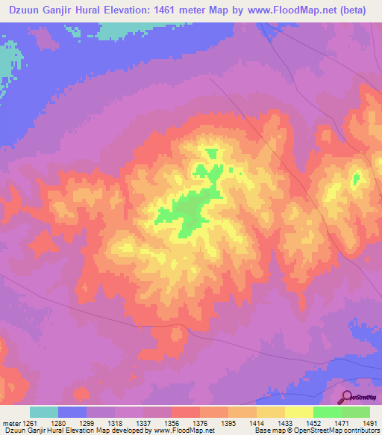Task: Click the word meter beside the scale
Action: click(x=11, y=422)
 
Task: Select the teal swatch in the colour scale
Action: click(x=44, y=412)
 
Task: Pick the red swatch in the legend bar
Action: click(x=185, y=412)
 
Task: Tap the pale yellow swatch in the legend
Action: click(x=298, y=412)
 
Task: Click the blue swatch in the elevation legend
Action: click(x=72, y=412)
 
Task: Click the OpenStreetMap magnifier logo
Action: click(x=347, y=398)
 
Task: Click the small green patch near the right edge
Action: click(x=356, y=179)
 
